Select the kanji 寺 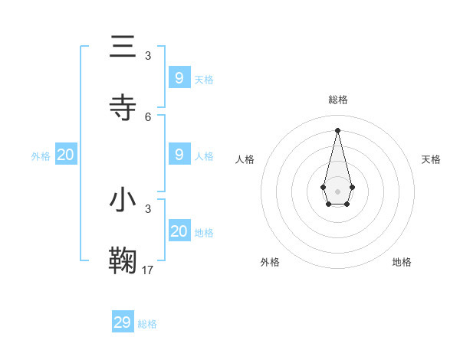click(x=123, y=107)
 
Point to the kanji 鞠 click(x=123, y=260)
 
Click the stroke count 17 click(x=148, y=269)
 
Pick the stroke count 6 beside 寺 click(x=148, y=116)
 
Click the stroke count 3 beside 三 click(x=148, y=55)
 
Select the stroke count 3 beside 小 click(x=148, y=208)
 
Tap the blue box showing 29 click(x=123, y=322)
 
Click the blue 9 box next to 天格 click(x=179, y=77)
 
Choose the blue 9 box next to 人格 click(x=179, y=154)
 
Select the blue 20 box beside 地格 click(x=179, y=231)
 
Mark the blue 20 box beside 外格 click(x=66, y=155)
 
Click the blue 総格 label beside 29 click(x=147, y=324)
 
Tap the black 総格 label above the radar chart click(x=338, y=100)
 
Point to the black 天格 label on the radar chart click(x=432, y=159)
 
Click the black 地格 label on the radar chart click(x=402, y=262)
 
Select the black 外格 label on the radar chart click(x=270, y=262)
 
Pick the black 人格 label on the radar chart click(x=245, y=159)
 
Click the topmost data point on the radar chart click(x=338, y=129)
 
